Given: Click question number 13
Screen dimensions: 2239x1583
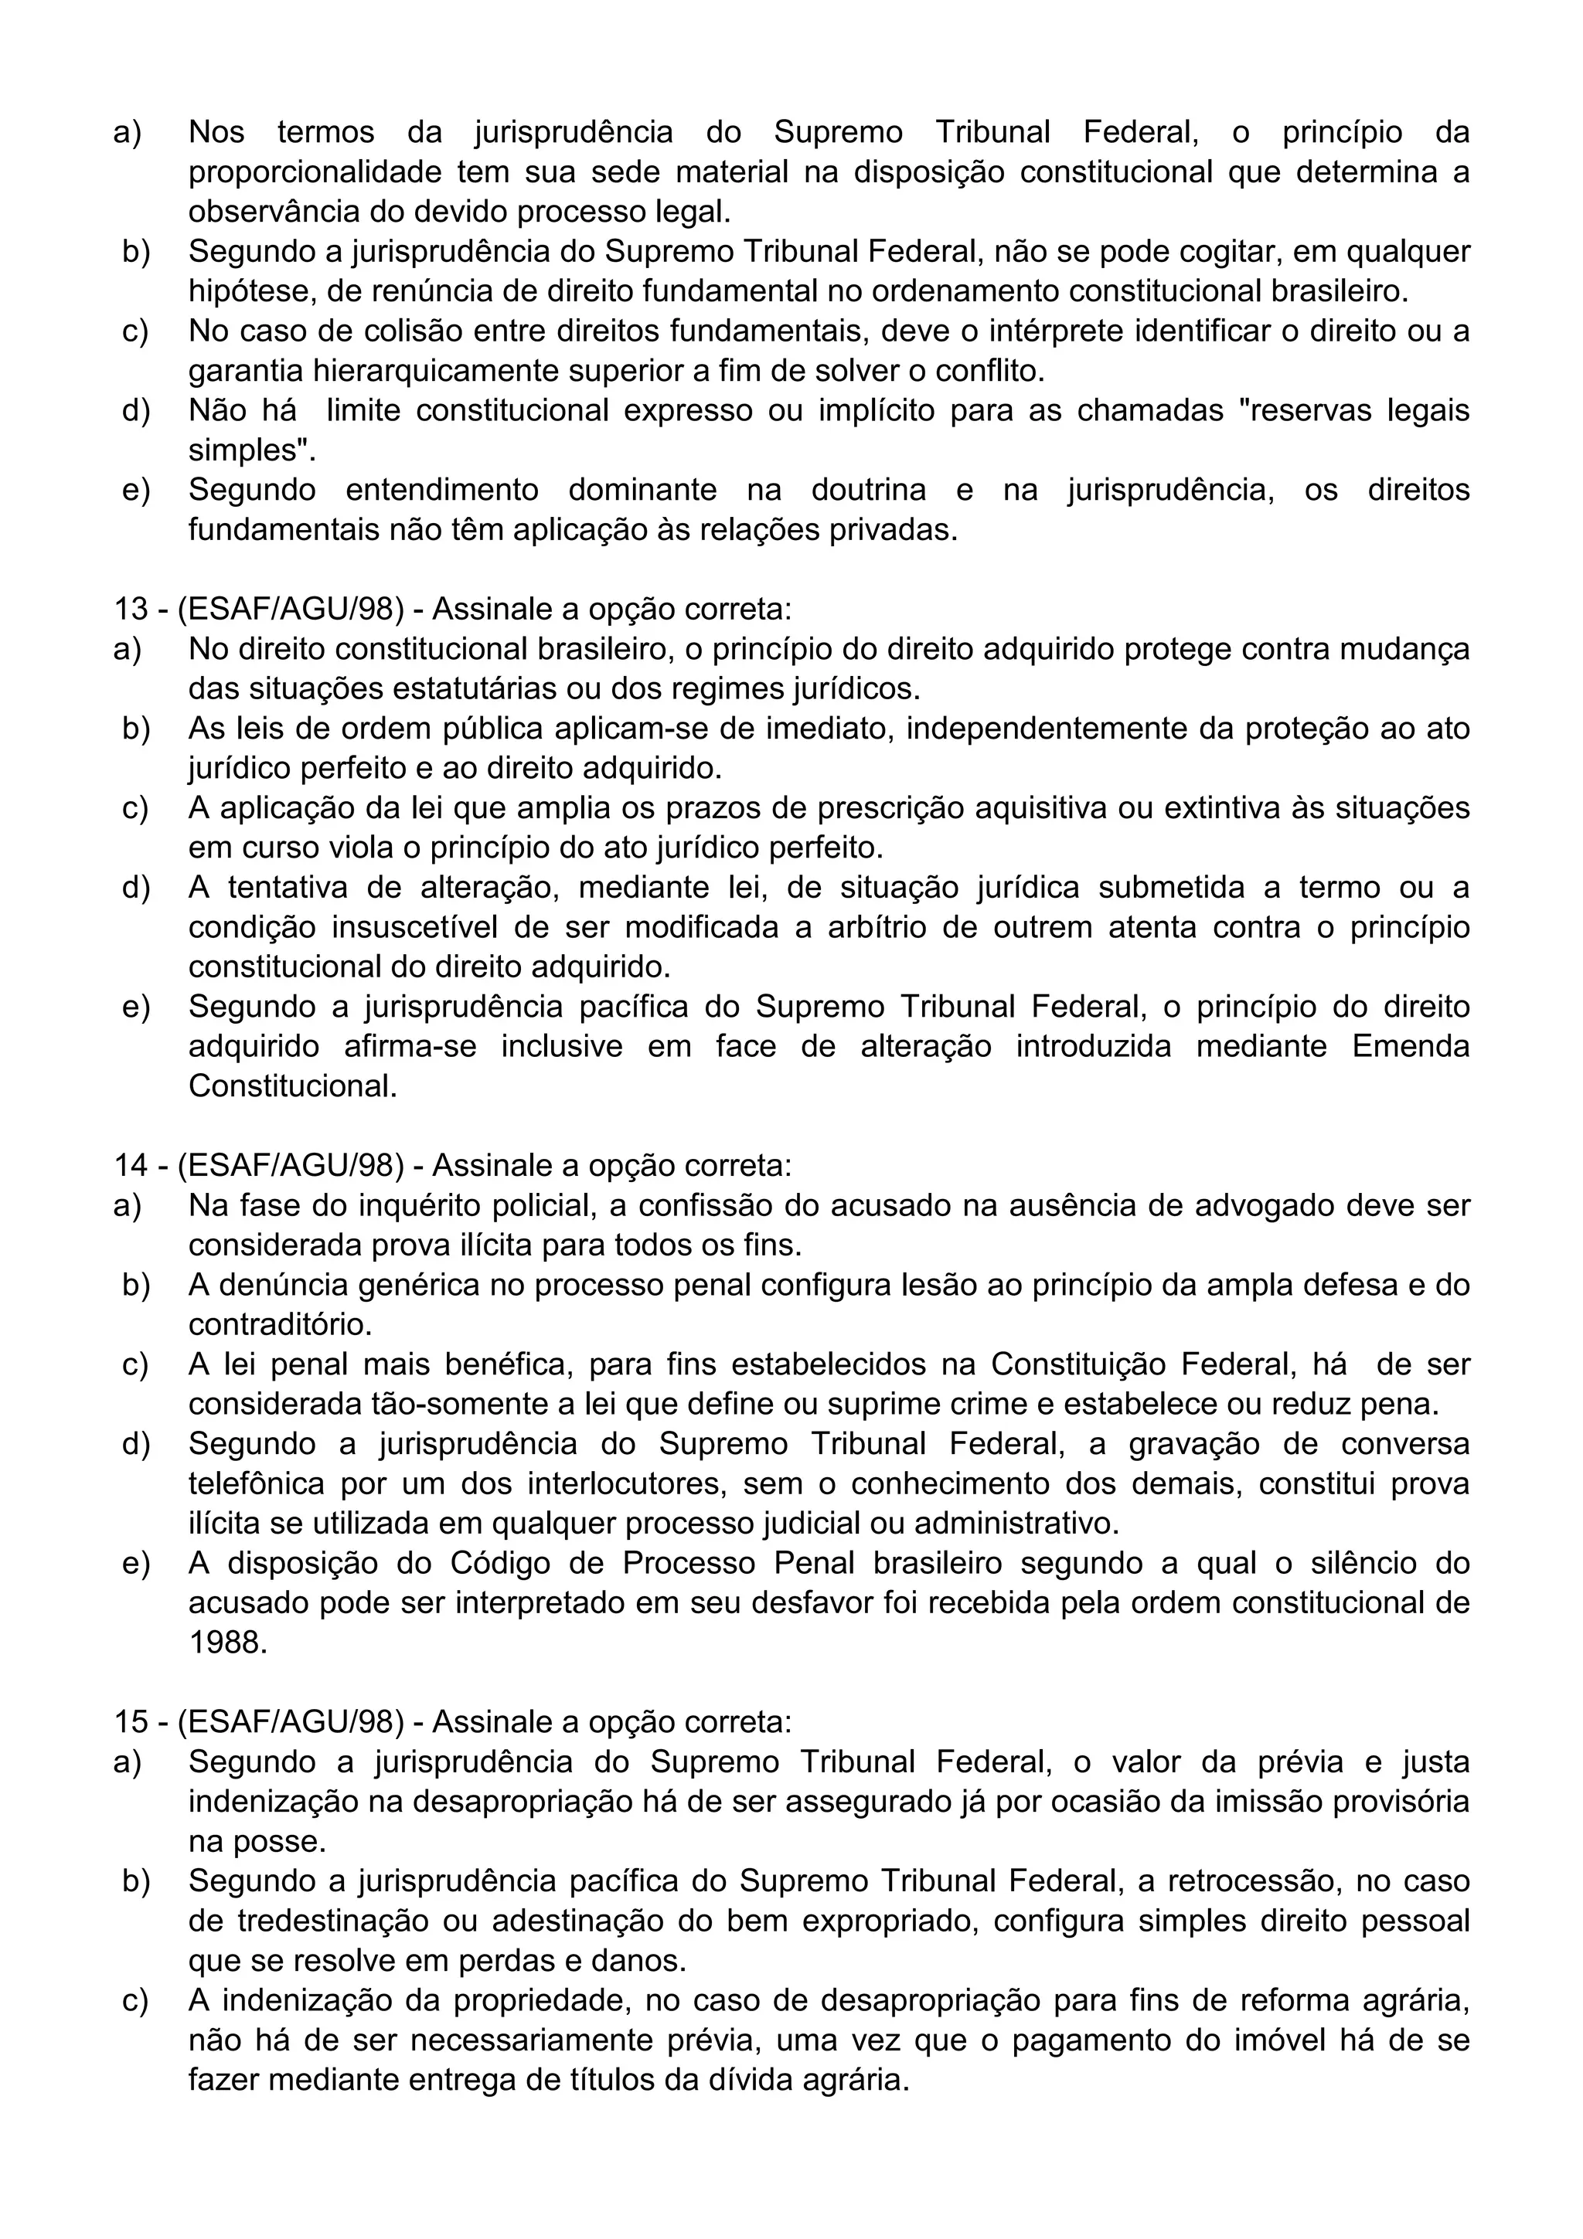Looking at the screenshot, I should [x=130, y=609].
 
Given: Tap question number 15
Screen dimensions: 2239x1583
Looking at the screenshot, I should [x=130, y=1722].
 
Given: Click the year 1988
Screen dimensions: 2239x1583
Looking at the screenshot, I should [x=227, y=1643].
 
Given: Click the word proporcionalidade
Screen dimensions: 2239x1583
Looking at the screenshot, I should [x=314, y=172].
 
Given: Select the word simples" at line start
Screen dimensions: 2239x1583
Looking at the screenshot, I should [x=252, y=450].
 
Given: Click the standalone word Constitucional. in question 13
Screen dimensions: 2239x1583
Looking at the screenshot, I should [x=293, y=1086].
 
